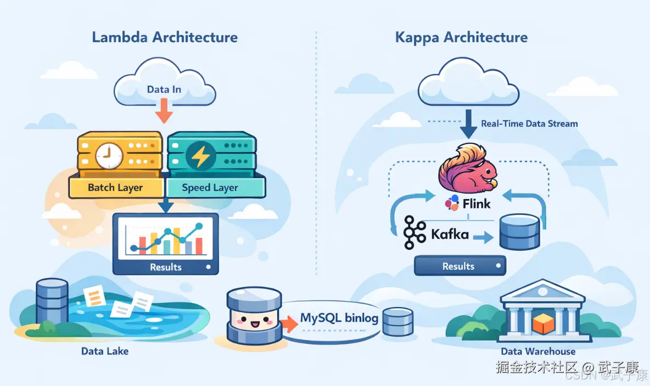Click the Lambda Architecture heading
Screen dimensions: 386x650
coord(165,37)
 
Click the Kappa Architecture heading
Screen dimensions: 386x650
coord(461,37)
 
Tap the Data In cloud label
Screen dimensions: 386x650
coord(164,89)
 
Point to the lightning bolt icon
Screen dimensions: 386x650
coord(200,156)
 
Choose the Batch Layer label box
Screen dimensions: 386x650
coord(115,188)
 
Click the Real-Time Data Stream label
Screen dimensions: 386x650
coord(529,123)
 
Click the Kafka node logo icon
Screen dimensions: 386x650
coord(414,233)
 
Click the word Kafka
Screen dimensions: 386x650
coord(450,235)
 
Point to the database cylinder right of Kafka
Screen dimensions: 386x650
coord(519,232)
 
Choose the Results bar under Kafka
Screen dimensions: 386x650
coord(460,266)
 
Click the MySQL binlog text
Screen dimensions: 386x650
coord(339,318)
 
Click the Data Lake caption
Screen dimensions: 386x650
coord(105,351)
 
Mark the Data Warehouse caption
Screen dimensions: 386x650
coord(538,351)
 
